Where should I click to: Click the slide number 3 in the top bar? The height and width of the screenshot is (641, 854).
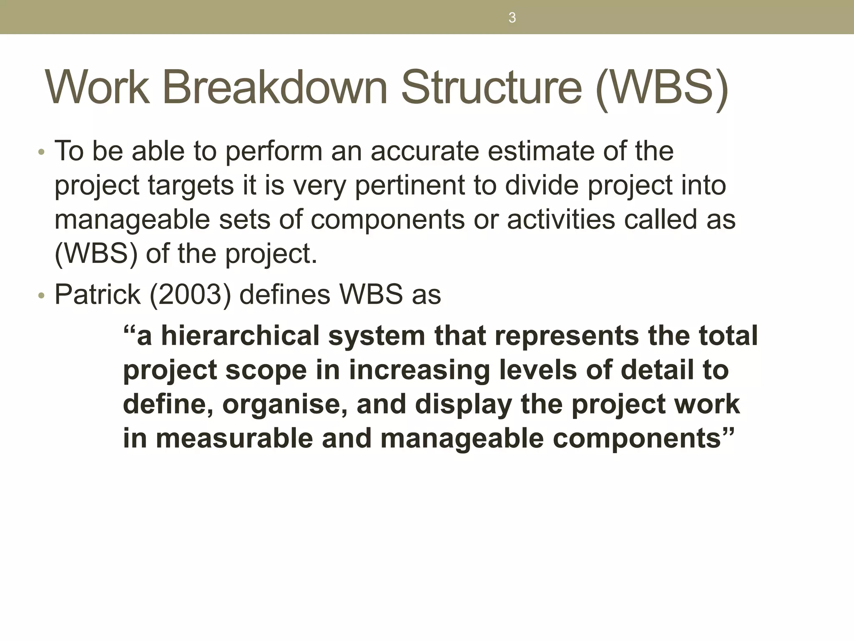tap(512, 18)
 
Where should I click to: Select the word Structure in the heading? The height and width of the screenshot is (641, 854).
tap(491, 88)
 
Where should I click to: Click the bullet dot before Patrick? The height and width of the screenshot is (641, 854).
tap(40, 296)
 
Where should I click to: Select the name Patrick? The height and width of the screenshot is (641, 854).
tap(98, 295)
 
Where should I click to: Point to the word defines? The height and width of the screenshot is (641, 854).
tap(285, 295)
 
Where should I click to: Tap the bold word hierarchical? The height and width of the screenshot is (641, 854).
tap(240, 336)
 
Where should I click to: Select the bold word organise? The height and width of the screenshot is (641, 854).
tap(285, 405)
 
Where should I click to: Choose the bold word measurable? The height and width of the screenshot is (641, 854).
tap(234, 439)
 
